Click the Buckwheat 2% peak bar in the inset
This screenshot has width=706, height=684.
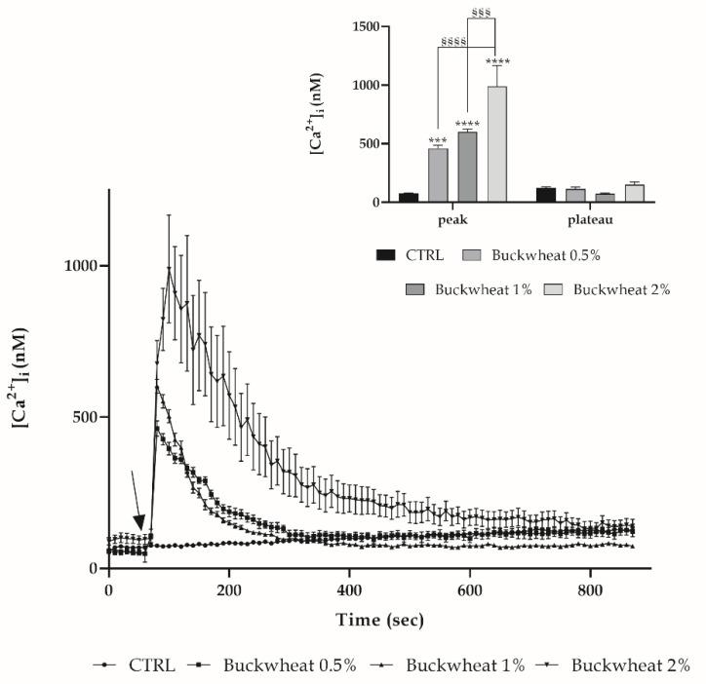[497, 144]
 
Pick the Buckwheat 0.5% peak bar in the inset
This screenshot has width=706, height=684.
[439, 175]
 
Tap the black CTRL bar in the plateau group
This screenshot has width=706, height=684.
[546, 195]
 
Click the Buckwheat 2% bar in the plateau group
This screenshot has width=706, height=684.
[635, 193]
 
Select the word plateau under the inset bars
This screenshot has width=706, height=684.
[589, 221]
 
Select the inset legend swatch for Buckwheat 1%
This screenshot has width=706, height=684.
[419, 289]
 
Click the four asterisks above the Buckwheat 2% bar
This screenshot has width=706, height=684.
[497, 62]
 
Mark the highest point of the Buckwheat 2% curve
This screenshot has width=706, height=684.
[169, 268]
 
